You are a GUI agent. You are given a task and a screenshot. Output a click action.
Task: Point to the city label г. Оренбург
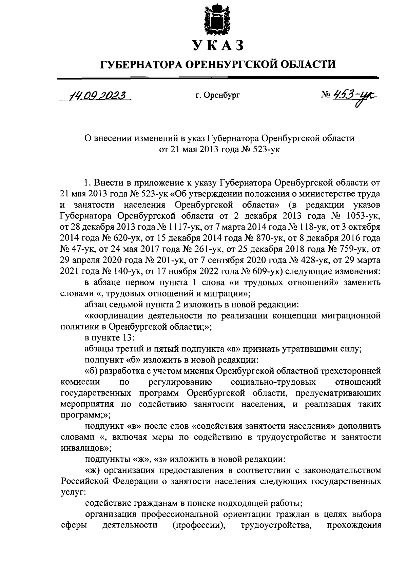click(x=217, y=96)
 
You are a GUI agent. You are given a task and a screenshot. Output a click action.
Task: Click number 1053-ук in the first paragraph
click(x=364, y=216)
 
